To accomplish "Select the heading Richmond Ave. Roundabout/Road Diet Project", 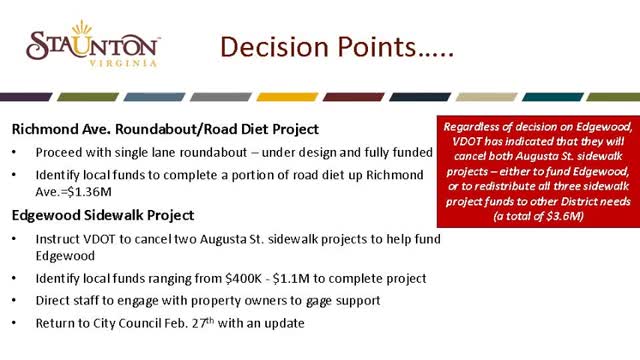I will coord(165,129).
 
